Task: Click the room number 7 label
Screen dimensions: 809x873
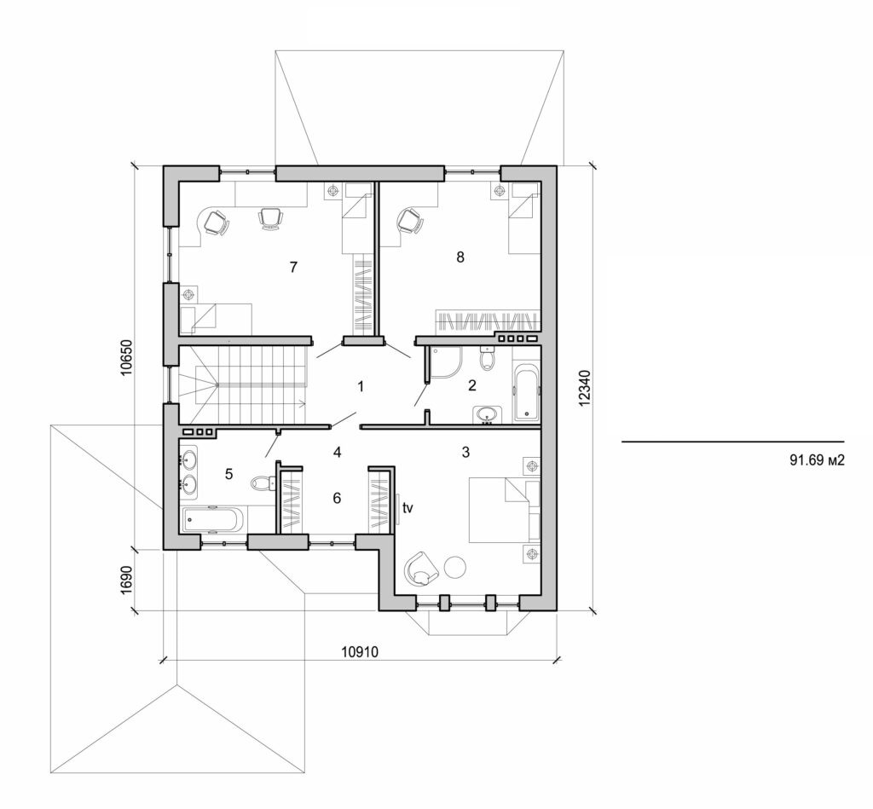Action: pos(292,267)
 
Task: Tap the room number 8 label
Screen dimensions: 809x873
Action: pos(460,257)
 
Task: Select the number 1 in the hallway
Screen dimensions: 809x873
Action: pos(361,386)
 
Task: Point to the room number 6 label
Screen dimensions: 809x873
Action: pos(337,497)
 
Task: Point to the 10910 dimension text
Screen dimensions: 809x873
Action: pos(360,651)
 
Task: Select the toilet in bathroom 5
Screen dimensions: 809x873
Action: pos(263,483)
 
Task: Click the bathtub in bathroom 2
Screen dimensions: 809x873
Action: pos(526,393)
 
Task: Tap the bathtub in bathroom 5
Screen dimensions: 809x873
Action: pos(213,518)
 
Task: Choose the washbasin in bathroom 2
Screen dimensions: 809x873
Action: pos(487,415)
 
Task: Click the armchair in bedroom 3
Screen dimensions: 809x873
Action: pos(420,567)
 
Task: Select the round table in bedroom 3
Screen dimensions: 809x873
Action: pos(455,565)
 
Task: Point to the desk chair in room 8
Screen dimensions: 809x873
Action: pos(410,222)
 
